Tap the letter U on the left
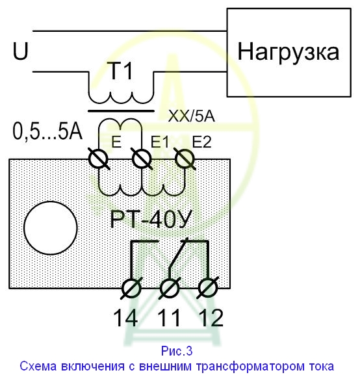tap(21, 51)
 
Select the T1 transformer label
tap(122, 70)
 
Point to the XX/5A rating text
tap(191, 116)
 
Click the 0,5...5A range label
tap(47, 132)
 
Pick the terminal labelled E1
tap(142, 159)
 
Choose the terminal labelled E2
tap(185, 159)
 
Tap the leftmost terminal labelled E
tap(99, 159)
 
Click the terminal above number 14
tap(131, 288)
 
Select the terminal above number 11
tap(170, 288)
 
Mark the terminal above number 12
tap(208, 288)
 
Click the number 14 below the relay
tap(126, 318)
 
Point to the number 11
tap(169, 318)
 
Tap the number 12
tap(211, 318)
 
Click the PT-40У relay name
tap(151, 219)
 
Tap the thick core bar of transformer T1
tap(122, 111)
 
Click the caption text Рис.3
tap(177, 351)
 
